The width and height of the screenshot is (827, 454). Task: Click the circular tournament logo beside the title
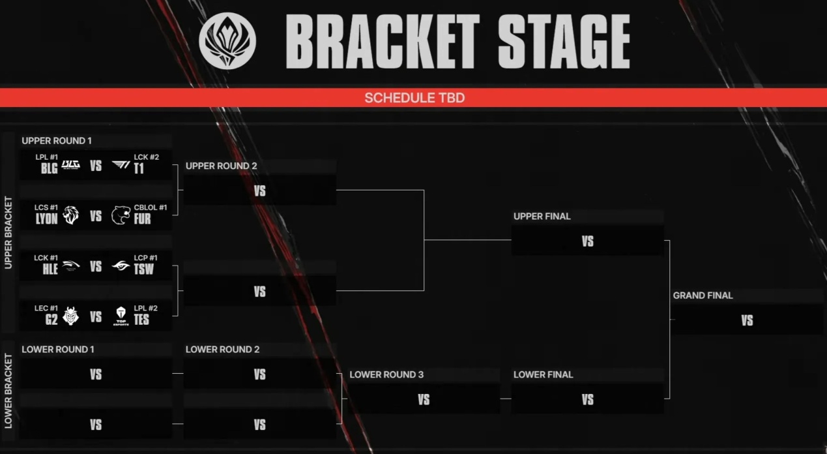click(227, 41)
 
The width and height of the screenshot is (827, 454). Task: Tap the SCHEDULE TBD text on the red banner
click(414, 98)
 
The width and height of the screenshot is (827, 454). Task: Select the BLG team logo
click(70, 165)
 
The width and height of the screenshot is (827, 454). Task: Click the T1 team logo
click(121, 165)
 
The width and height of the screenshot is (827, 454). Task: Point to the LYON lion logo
click(70, 215)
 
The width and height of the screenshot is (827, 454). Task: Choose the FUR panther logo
click(121, 215)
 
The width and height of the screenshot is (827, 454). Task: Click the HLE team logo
click(70, 266)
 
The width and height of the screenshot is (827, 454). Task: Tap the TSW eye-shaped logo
click(121, 266)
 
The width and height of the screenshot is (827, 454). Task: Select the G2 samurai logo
click(70, 316)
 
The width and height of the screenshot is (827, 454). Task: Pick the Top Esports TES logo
click(121, 316)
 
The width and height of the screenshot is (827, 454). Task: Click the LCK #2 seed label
click(146, 157)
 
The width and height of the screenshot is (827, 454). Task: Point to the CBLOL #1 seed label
click(151, 207)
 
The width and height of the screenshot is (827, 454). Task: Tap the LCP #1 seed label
click(145, 258)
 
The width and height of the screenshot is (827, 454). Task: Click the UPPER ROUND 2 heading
click(221, 166)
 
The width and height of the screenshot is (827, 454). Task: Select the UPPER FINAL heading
click(542, 217)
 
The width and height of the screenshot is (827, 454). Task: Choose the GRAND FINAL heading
click(703, 295)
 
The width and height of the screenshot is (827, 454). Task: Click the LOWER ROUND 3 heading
click(386, 374)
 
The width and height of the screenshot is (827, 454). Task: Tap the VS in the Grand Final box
click(747, 320)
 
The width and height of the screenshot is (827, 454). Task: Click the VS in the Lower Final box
click(587, 400)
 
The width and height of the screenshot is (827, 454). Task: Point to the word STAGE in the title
click(564, 41)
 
